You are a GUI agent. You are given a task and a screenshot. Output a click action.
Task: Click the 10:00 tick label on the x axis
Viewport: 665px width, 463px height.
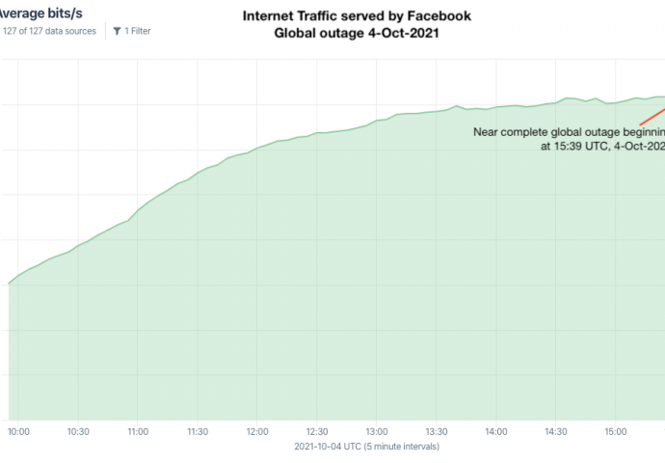(18, 433)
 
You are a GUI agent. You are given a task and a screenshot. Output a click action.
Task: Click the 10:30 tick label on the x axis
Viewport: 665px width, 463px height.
(78, 433)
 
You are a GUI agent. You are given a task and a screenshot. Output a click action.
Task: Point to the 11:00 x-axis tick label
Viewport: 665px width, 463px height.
(138, 433)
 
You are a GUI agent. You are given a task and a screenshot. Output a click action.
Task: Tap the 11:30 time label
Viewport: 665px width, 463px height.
(198, 433)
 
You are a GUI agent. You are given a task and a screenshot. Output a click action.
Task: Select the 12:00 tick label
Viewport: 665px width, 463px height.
(257, 433)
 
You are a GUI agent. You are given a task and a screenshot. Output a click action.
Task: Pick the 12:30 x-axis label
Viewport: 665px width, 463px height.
(317, 433)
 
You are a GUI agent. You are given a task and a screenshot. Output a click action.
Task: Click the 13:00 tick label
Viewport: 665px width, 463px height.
(377, 433)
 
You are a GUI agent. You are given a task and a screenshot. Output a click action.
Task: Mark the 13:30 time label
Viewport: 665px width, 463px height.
(437, 433)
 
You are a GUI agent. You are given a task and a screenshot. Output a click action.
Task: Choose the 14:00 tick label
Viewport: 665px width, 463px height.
(496, 433)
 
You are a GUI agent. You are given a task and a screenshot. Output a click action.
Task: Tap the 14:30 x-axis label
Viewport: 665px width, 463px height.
(556, 433)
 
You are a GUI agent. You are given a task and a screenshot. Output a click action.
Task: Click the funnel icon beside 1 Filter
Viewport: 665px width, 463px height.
(117, 31)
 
